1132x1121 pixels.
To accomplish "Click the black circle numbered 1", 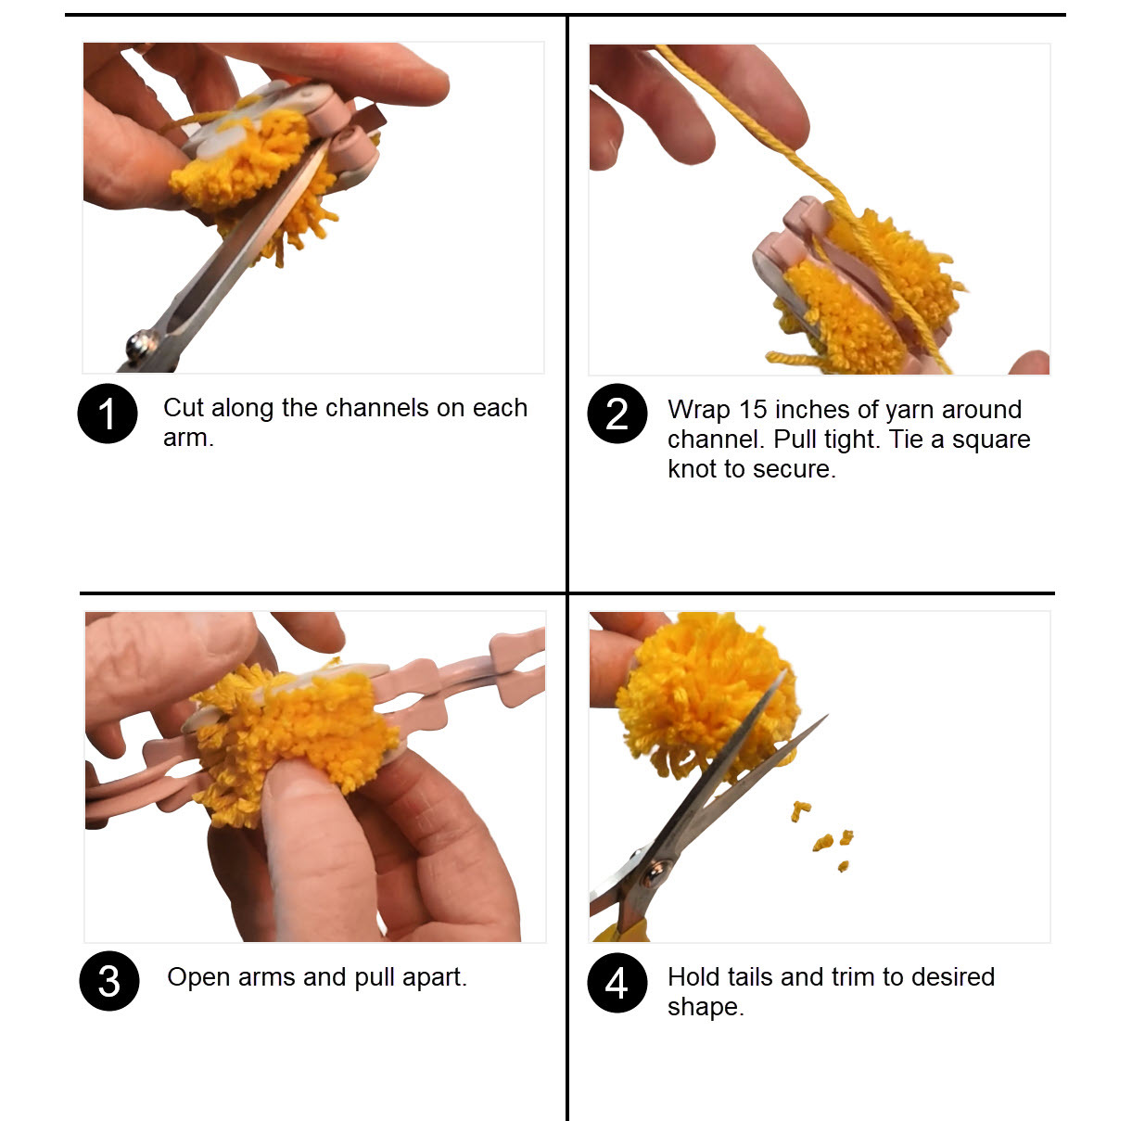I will (x=108, y=414).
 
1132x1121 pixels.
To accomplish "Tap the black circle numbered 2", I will (x=617, y=414).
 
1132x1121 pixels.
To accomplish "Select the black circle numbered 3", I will (x=108, y=981).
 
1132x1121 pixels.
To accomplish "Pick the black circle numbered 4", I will (x=617, y=983).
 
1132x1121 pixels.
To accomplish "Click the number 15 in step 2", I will (x=753, y=410).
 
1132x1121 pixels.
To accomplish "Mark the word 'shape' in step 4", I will (x=704, y=1007).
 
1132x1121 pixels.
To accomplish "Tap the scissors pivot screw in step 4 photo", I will (x=656, y=871).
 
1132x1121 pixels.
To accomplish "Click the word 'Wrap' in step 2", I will (x=698, y=410).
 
